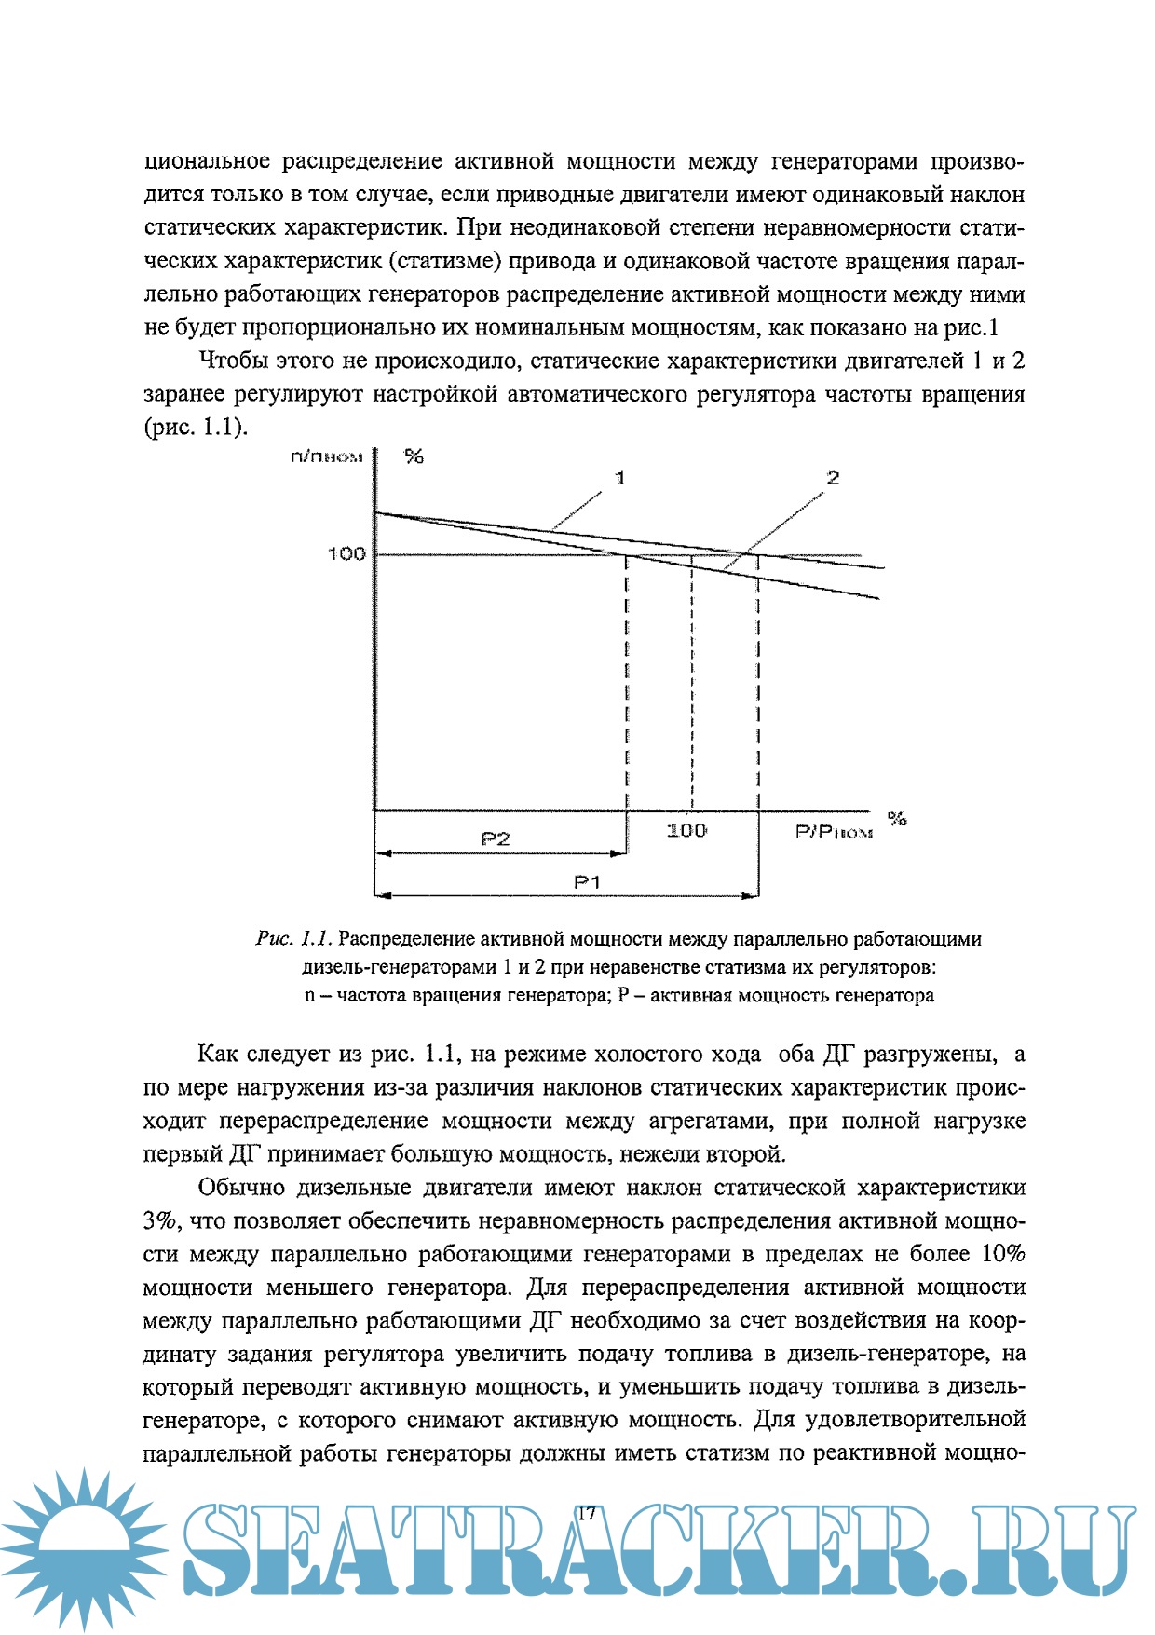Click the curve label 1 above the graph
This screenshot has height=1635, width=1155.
click(620, 478)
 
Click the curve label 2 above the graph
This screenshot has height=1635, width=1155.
click(833, 478)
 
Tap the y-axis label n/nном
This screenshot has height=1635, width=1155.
click(326, 456)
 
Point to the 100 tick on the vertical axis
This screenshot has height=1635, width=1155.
click(346, 554)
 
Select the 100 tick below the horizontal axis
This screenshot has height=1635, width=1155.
click(686, 830)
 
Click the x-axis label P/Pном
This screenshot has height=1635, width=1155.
click(834, 832)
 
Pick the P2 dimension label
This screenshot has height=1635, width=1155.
click(496, 839)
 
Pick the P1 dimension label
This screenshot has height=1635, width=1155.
click(587, 881)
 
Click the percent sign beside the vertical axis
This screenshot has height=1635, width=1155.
click(414, 456)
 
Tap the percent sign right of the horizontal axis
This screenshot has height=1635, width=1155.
click(897, 819)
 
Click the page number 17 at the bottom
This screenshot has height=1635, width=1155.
click(586, 1513)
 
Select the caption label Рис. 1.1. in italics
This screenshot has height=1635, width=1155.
click(293, 939)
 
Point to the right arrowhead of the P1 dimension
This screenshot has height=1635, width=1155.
click(752, 896)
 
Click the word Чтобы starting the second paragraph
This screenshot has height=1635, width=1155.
click(233, 361)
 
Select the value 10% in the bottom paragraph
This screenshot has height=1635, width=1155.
click(1003, 1254)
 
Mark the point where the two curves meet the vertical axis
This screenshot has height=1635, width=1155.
click(374, 513)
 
